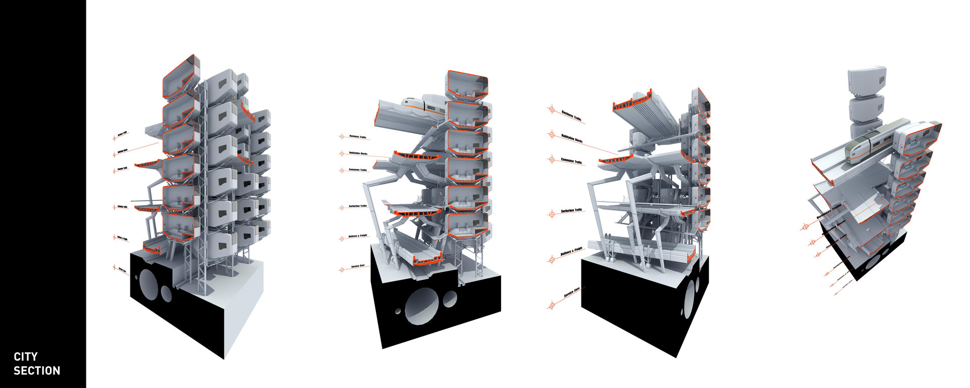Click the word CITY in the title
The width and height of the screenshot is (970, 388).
25,357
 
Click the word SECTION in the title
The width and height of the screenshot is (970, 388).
36,371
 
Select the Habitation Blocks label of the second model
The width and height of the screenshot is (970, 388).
358,153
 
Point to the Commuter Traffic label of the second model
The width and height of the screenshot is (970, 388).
358,170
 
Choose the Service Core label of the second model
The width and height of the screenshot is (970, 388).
358,266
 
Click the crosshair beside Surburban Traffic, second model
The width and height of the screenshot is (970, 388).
341,207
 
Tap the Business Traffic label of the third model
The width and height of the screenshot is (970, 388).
571,115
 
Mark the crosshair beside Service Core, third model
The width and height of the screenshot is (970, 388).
551,305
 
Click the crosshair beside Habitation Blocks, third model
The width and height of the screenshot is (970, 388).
552,134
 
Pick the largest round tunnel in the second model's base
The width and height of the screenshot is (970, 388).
422,305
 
